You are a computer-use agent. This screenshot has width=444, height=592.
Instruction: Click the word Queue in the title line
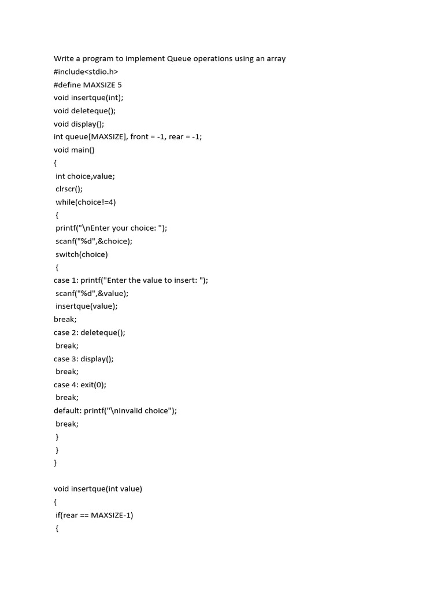[x=179, y=58]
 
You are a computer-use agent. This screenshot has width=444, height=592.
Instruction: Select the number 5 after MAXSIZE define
[x=119, y=84]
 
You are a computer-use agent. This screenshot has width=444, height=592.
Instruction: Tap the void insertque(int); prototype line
[x=88, y=98]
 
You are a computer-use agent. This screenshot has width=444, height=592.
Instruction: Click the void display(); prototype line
[x=83, y=124]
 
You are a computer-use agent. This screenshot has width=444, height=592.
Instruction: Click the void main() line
[x=74, y=150]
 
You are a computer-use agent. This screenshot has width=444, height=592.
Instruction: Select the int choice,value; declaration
[x=85, y=176]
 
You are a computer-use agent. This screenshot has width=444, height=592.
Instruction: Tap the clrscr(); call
[x=69, y=188]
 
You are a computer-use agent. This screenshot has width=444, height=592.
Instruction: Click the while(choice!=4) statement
[x=86, y=202]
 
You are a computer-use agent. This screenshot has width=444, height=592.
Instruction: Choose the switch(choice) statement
[x=82, y=254]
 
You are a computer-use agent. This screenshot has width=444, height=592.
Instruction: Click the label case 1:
[x=66, y=280]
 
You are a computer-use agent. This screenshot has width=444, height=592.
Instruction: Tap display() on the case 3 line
[x=97, y=358]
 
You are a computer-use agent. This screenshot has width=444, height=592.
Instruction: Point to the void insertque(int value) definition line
[x=98, y=489]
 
